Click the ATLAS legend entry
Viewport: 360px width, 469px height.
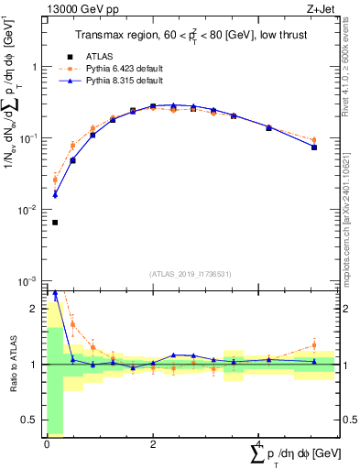101,55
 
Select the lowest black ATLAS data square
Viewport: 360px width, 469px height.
55,222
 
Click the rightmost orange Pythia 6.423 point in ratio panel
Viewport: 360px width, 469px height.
314,345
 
